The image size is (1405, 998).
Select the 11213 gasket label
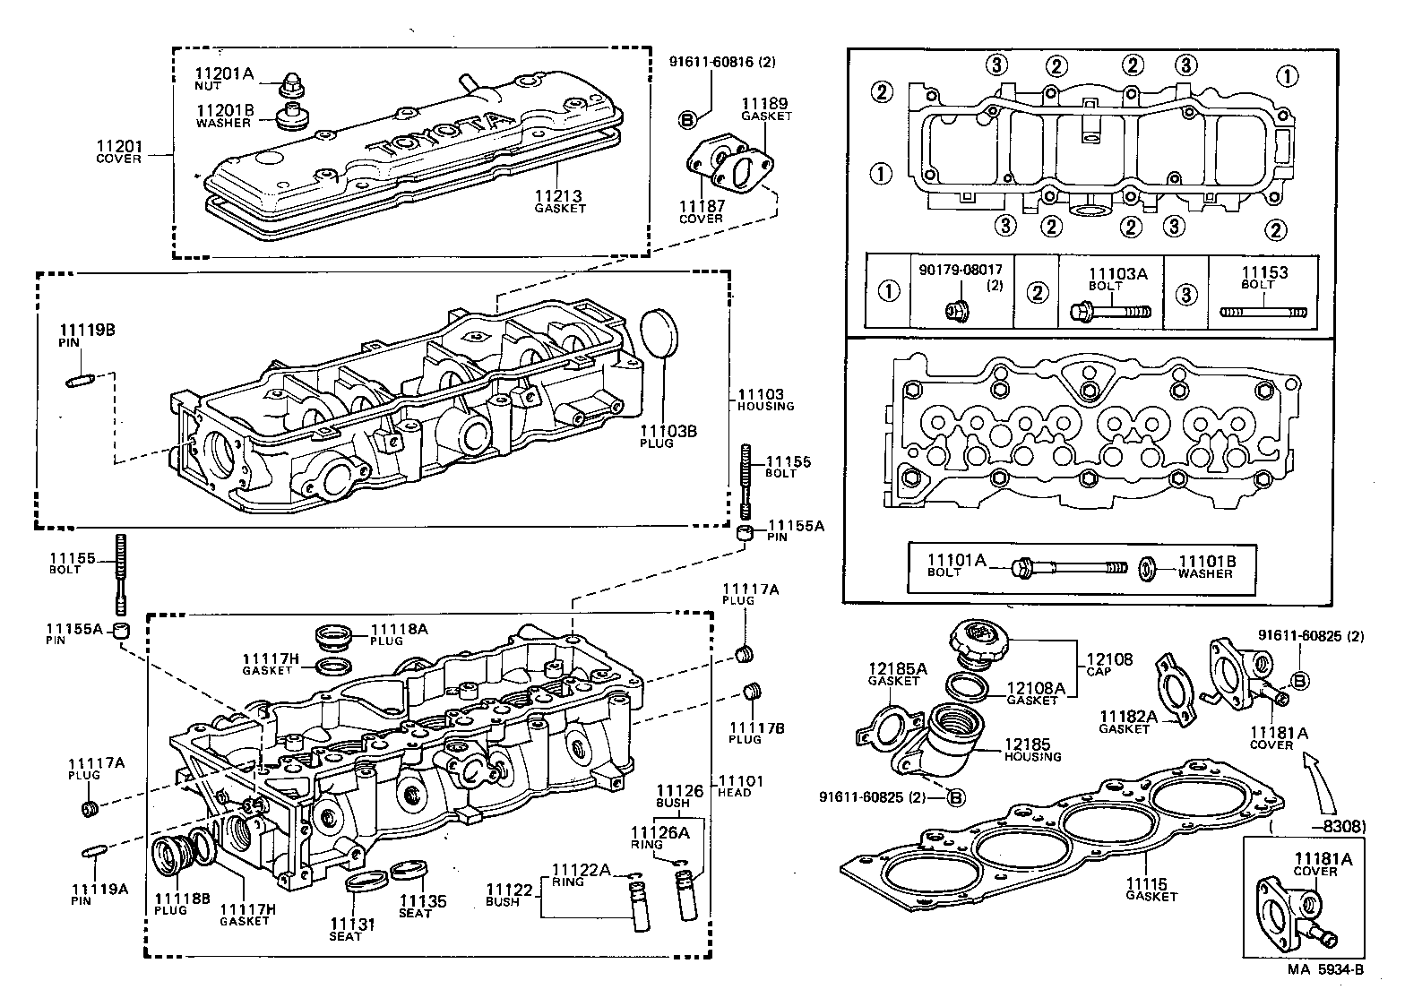[x=559, y=196]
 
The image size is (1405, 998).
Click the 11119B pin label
[x=87, y=330]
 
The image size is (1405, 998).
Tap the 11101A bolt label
[x=956, y=560]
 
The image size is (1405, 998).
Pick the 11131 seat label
[x=345, y=924]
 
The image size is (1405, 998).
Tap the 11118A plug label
[x=400, y=629]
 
